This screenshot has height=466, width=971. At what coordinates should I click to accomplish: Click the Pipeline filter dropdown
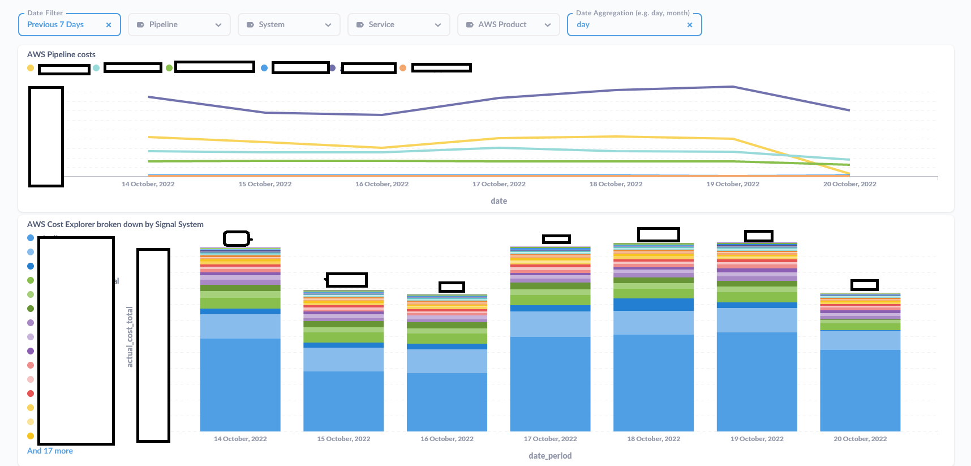pos(179,25)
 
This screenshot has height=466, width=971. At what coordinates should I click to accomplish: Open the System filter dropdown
pos(289,25)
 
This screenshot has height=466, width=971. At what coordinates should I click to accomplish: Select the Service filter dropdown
pos(398,25)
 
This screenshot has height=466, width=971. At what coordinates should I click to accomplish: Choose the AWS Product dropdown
pos(508,25)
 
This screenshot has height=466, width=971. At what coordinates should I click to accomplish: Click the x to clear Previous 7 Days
pos(109,25)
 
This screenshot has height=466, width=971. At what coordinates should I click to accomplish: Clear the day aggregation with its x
pos(689,25)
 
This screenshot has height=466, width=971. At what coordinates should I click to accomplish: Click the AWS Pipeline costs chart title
pos(61,54)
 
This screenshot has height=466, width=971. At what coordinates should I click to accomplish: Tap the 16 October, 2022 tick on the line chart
pos(382,184)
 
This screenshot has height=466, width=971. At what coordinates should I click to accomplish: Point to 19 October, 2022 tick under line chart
pos(733,184)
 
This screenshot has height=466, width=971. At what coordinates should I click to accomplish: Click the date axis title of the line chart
pos(499,201)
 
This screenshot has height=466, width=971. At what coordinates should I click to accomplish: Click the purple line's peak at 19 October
pos(733,87)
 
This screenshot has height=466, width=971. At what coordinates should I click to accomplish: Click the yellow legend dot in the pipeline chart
pos(31,68)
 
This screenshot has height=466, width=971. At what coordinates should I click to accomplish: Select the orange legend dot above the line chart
pos(403,68)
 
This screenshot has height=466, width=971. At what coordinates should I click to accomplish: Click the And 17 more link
pos(50,451)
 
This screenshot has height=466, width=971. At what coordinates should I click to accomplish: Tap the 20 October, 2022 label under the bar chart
pos(860,439)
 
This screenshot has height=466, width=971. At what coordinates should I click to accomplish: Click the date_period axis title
pos(550,456)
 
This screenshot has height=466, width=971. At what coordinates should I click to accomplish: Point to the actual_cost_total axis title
pos(130,337)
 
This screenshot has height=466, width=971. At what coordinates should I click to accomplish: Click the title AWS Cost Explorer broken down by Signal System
pos(115,224)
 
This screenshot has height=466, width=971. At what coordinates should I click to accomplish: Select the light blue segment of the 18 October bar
pos(654,323)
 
